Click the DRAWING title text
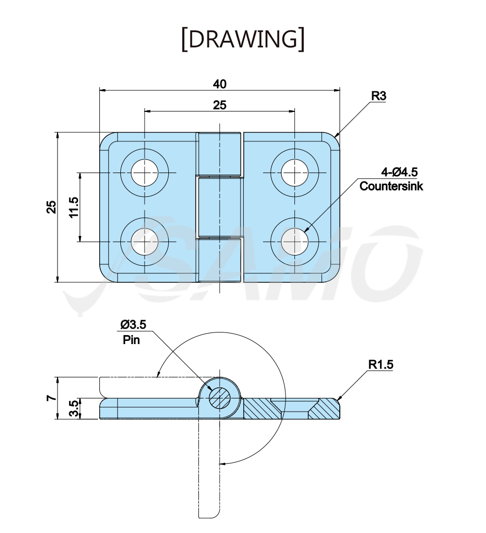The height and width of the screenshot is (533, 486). point(243,40)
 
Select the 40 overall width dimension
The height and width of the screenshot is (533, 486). point(220,84)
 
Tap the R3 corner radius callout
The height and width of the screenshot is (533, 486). point(378,96)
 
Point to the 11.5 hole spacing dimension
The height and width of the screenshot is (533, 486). point(74,207)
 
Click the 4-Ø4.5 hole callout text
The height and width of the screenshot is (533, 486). point(399,172)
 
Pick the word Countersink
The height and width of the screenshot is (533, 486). point(391,186)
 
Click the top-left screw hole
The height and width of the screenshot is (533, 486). point(145,173)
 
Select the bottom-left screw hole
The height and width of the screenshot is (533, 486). point(145,242)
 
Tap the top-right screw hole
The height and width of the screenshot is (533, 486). point(294,173)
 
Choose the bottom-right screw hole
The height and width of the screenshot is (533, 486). point(294,242)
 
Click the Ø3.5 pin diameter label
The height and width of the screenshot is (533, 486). point(134,325)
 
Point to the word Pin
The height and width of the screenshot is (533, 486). point(131,339)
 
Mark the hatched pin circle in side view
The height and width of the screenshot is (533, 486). point(220,398)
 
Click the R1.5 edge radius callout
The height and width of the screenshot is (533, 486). point(380,365)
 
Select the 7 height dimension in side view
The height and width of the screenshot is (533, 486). point(51,397)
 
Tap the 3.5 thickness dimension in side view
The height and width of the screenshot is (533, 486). point(74,408)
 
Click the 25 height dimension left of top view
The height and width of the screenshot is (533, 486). point(51,207)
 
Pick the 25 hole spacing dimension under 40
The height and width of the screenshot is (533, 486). point(220,105)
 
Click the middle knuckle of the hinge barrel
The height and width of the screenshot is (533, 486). point(220,207)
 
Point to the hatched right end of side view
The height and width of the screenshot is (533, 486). point(324,410)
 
